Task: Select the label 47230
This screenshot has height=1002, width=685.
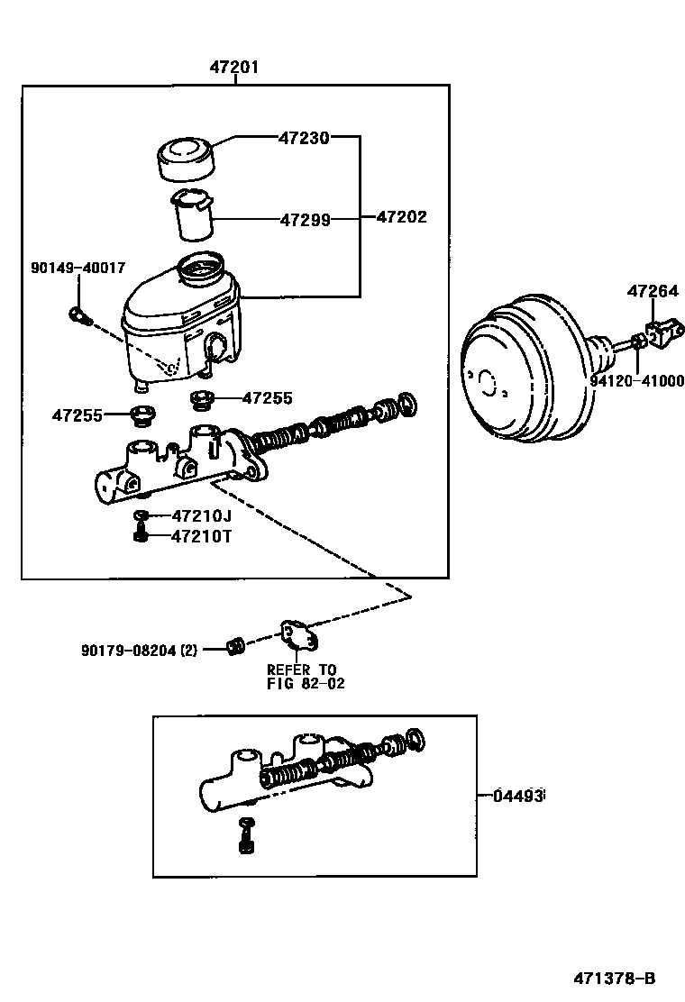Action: [x=304, y=138]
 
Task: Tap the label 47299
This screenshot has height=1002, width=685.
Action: [x=305, y=219]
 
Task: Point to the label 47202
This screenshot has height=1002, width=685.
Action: [x=401, y=217]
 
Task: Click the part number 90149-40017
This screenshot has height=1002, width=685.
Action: [x=78, y=268]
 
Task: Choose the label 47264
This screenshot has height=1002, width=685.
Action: [x=653, y=291]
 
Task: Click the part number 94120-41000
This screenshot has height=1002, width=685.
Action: [x=636, y=381]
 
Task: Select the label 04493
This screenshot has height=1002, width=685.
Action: [x=518, y=796]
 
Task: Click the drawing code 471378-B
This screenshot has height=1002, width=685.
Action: [x=615, y=978]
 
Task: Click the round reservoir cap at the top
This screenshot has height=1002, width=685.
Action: [x=187, y=159]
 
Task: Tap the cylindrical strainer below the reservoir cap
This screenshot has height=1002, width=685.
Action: [x=193, y=214]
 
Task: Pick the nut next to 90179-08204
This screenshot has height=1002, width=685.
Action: [x=236, y=645]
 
